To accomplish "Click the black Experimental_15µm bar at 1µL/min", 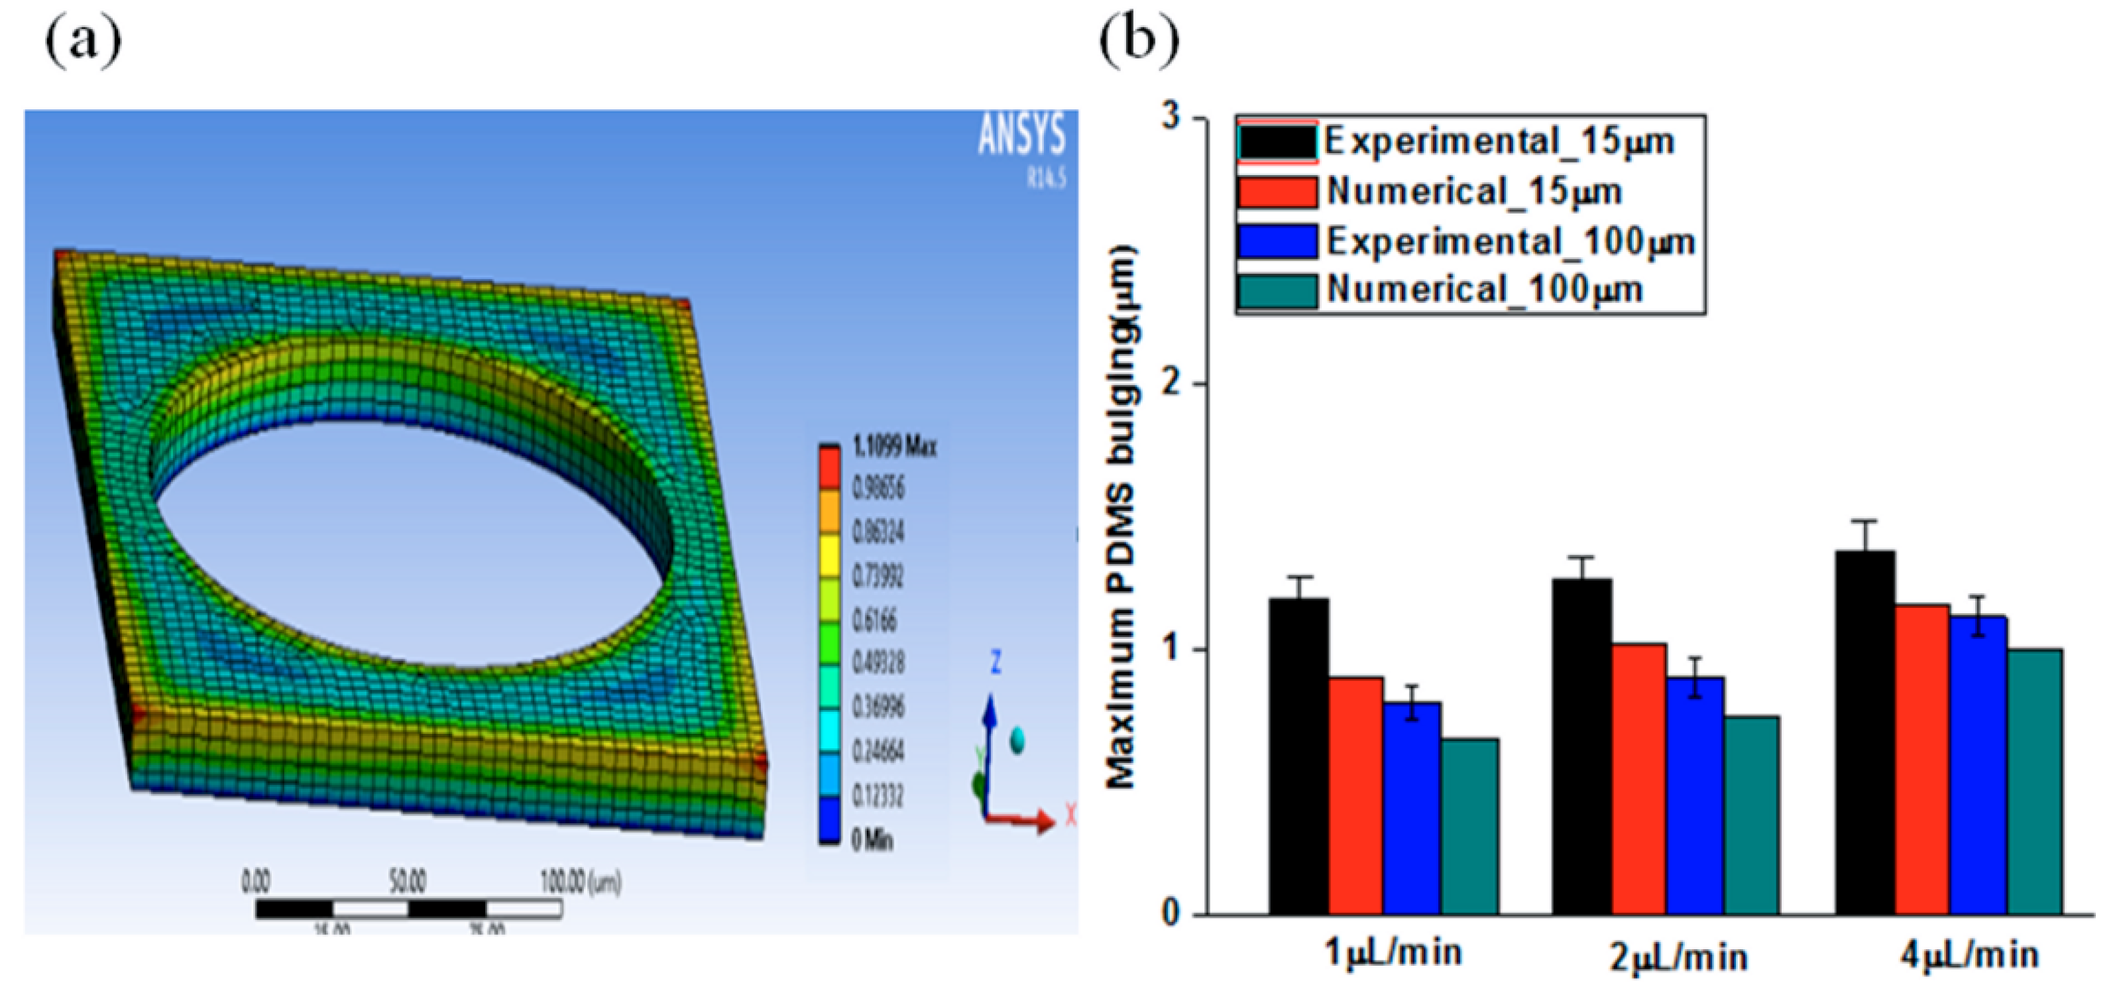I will [x=1299, y=756].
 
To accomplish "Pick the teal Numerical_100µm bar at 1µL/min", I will [x=1469, y=825].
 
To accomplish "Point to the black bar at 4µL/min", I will [x=1864, y=732].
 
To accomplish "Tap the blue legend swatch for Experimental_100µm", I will [x=1277, y=241].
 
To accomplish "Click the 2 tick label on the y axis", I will [x=1172, y=384].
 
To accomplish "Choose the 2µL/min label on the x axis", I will [x=1678, y=957].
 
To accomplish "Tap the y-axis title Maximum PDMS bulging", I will [x=1121, y=517].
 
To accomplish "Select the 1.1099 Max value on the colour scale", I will [x=894, y=447].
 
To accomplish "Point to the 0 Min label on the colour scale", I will [x=871, y=840].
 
